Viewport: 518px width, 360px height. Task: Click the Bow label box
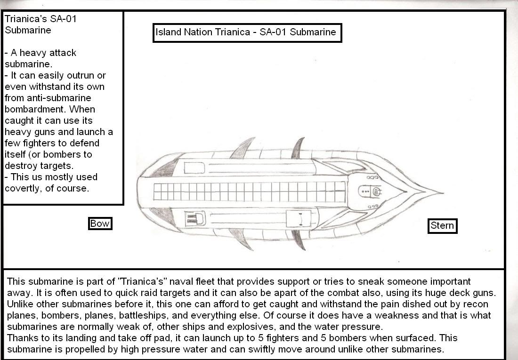point(100,224)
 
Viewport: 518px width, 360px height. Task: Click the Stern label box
point(442,226)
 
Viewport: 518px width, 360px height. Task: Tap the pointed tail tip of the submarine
point(443,192)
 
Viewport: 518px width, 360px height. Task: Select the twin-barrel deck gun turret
point(195,219)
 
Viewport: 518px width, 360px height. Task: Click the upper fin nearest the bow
point(243,148)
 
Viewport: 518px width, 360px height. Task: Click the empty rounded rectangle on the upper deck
point(194,168)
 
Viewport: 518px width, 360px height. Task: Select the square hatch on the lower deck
point(299,219)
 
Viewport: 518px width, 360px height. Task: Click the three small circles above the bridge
point(372,177)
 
